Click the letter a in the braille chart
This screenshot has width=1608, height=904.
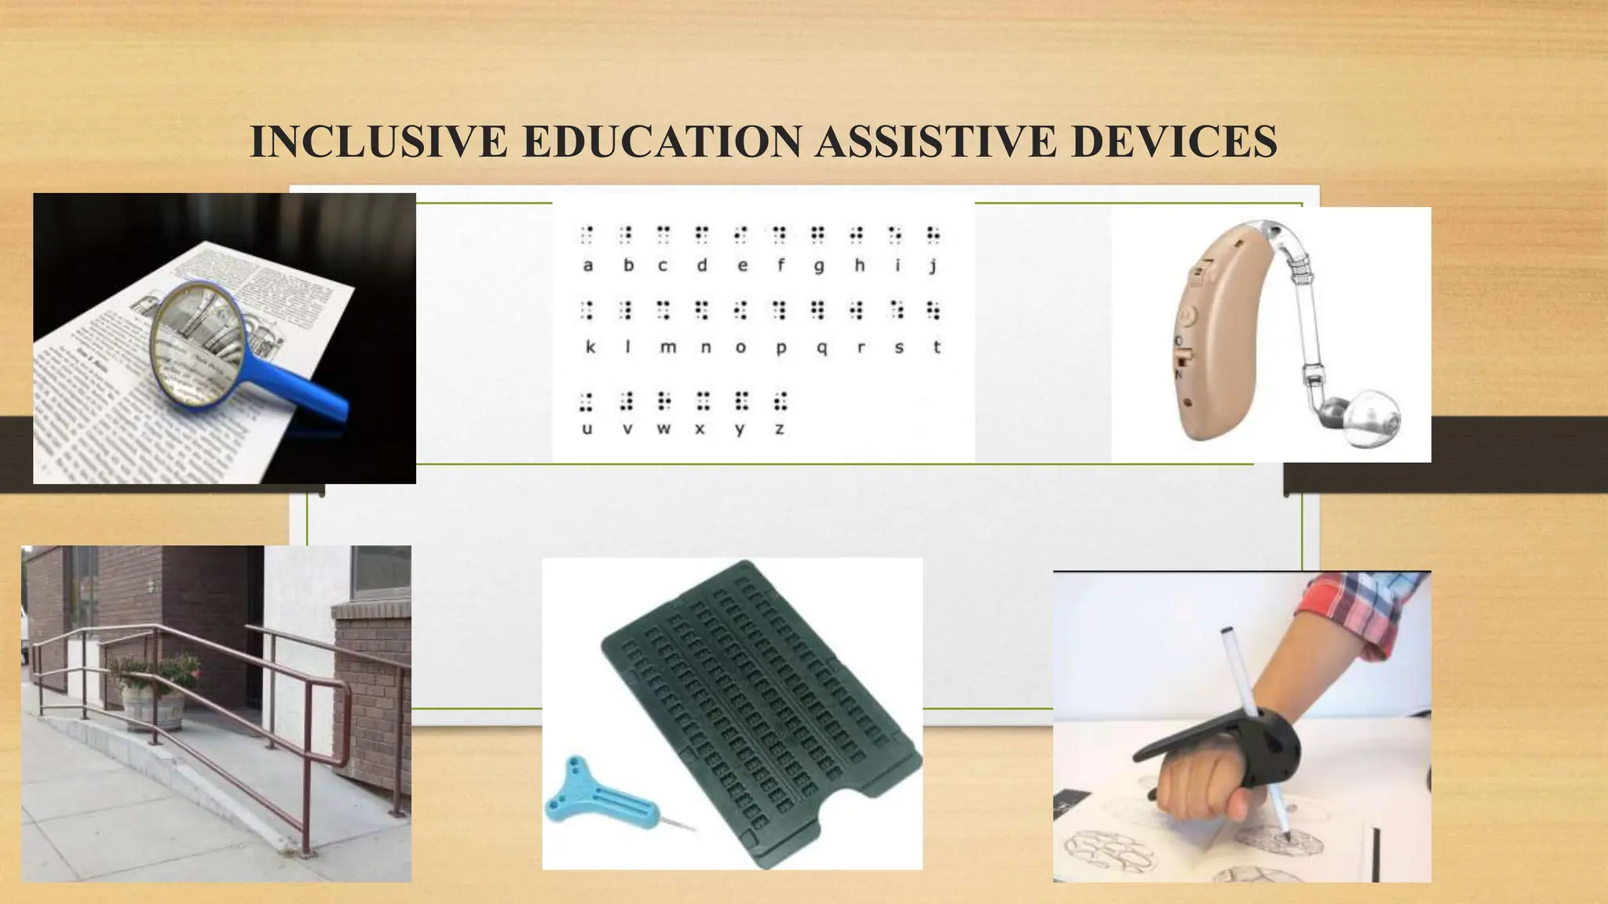point(587,266)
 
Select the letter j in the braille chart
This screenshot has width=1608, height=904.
point(933,266)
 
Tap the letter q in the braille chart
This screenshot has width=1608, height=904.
point(821,348)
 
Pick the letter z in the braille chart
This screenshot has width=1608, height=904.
point(779,429)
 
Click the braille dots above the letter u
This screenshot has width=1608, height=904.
point(587,402)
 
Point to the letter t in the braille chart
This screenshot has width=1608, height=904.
point(937,347)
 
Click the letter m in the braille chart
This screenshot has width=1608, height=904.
point(667,348)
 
